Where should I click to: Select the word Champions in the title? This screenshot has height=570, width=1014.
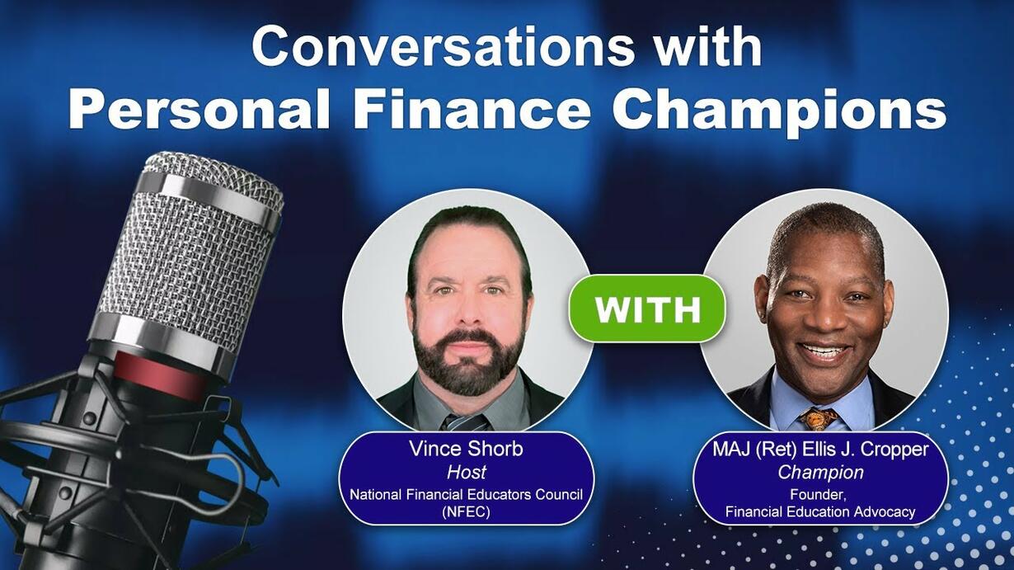pos(779,112)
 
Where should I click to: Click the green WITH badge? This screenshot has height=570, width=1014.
pos(647,309)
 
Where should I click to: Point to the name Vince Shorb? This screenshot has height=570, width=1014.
pos(467,449)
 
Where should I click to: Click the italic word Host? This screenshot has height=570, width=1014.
pos(467,472)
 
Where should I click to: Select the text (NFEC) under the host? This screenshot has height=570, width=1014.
pos(467,511)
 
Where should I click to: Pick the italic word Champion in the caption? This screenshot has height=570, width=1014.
pos(820,473)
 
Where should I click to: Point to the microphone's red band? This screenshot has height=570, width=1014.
pos(159,375)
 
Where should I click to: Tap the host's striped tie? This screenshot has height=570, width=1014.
pos(465,422)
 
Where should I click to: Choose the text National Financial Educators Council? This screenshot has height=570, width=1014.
pos(467,494)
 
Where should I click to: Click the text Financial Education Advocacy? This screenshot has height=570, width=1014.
pos(820,512)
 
